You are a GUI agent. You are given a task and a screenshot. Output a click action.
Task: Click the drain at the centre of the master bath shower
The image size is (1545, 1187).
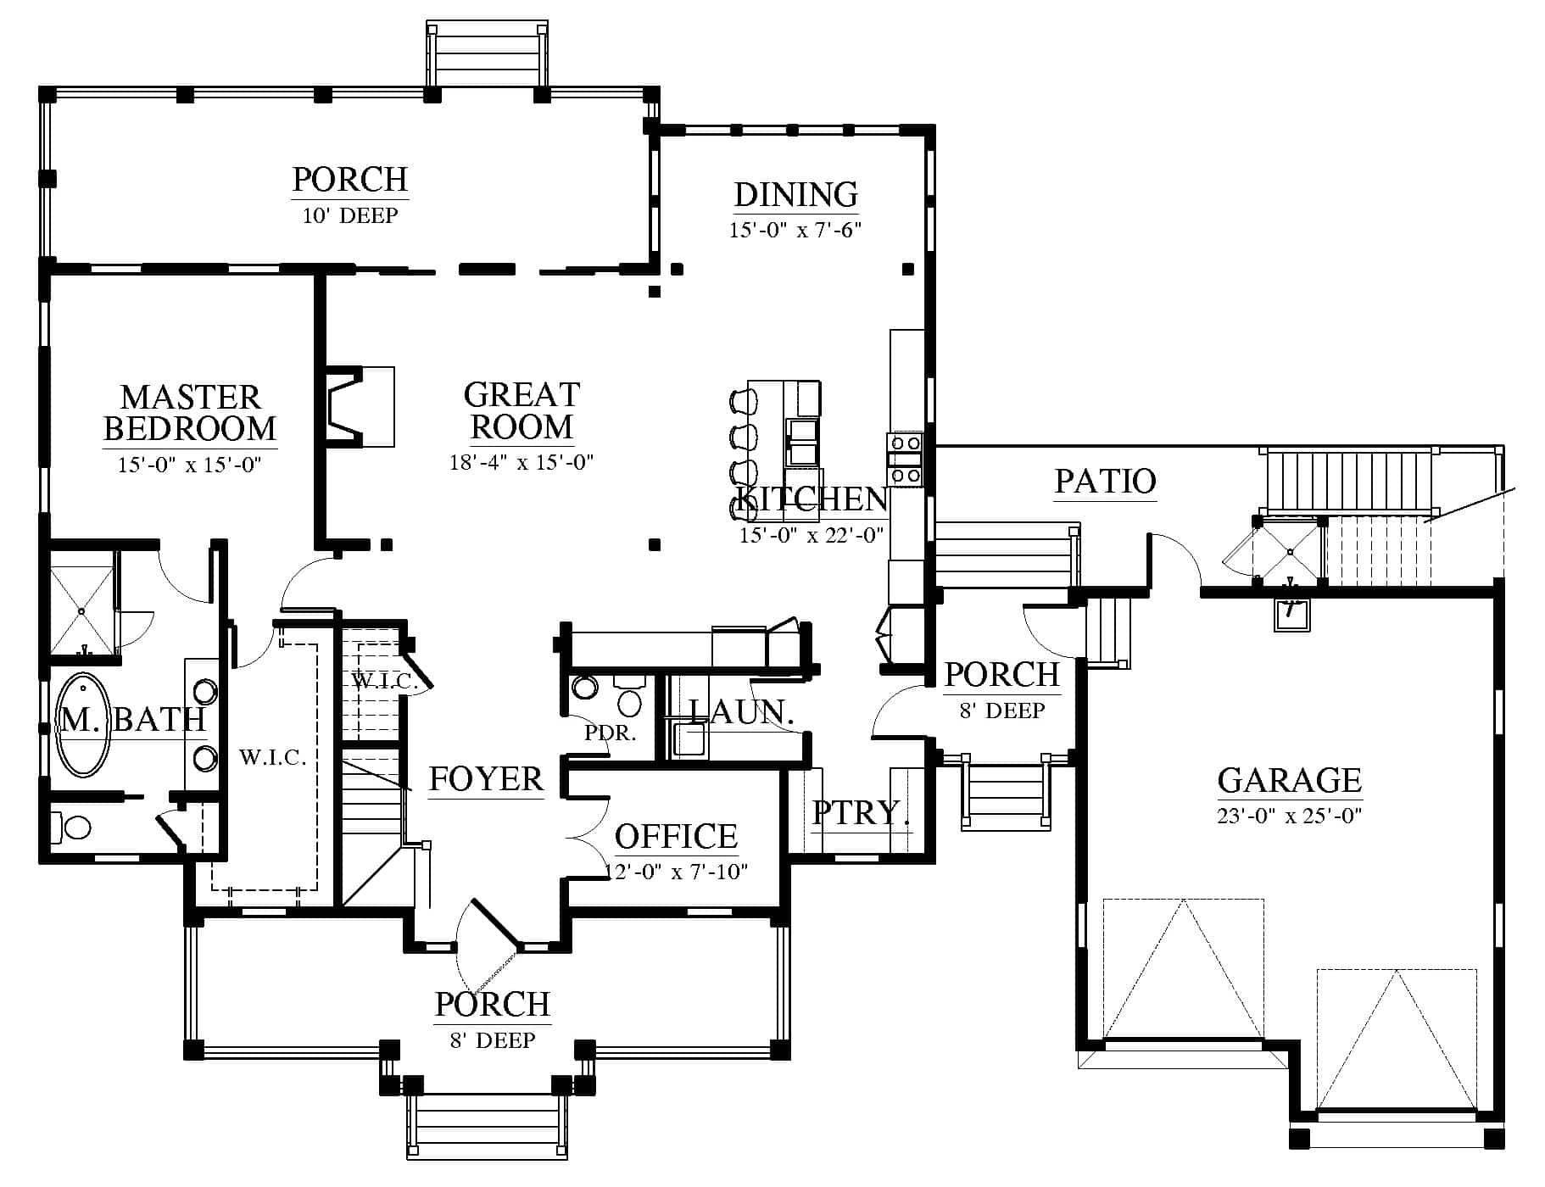(x=81, y=610)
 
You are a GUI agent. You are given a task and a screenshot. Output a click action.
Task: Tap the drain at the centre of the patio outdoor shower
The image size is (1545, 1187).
(x=1289, y=552)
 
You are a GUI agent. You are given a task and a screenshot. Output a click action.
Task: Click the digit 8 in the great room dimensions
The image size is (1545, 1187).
(x=465, y=462)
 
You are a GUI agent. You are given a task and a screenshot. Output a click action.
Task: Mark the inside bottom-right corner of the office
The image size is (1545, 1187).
(x=778, y=904)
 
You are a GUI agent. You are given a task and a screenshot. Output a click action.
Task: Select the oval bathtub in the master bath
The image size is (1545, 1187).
(x=83, y=725)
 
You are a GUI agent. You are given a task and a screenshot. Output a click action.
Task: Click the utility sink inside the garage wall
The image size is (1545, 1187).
(x=1292, y=614)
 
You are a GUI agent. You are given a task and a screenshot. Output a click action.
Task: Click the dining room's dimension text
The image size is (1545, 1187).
(x=795, y=230)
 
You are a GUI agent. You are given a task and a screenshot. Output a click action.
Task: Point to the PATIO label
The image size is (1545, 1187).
(x=1105, y=482)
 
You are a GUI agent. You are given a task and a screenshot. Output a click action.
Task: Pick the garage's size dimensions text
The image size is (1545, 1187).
(x=1289, y=816)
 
